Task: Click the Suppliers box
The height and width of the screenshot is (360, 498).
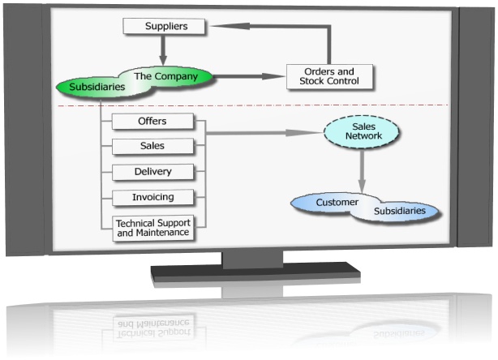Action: click(x=166, y=26)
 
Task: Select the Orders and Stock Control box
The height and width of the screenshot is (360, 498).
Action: click(x=330, y=75)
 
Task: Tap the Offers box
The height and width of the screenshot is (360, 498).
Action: click(x=153, y=122)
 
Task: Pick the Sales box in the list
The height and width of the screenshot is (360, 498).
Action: click(x=153, y=146)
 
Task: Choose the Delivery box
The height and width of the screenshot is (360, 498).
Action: click(x=153, y=172)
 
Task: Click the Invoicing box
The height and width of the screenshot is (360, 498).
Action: click(x=153, y=197)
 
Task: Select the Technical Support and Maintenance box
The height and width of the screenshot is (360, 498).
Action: click(x=153, y=227)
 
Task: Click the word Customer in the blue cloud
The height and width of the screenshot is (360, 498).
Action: click(x=337, y=202)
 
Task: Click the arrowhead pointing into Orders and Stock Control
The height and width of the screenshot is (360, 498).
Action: click(x=277, y=76)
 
